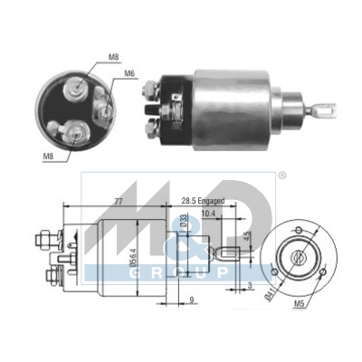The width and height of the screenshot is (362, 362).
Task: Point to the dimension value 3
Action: click(x=251, y=287)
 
